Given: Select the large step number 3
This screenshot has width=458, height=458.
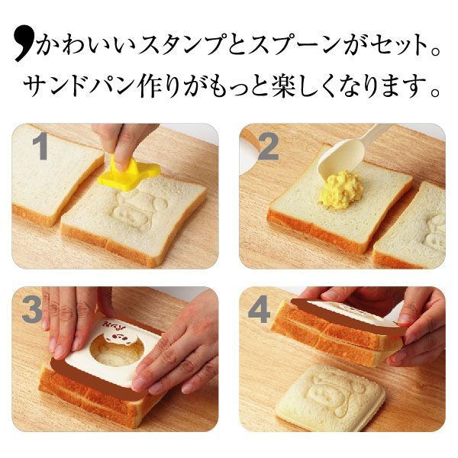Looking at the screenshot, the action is [32, 310].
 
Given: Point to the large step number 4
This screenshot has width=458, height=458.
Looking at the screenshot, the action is [259, 310].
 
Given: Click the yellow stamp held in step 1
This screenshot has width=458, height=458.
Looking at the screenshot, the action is [129, 174].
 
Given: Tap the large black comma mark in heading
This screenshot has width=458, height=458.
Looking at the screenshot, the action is [24, 45].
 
